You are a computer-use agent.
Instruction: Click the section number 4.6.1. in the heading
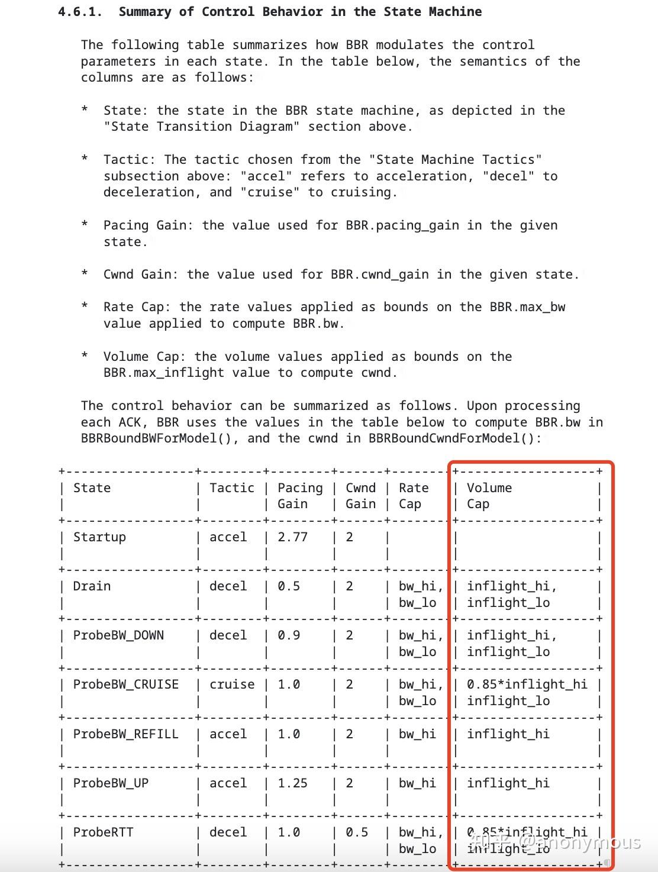[x=80, y=12]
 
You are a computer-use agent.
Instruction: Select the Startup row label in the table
[x=99, y=537]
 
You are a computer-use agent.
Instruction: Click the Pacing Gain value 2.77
[x=293, y=537]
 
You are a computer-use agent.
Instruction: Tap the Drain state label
[x=92, y=586]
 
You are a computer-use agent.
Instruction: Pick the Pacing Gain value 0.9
[x=289, y=635]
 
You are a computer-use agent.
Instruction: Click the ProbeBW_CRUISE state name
[x=125, y=684]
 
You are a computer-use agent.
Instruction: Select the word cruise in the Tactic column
[x=232, y=684]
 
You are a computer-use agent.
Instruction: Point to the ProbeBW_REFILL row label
[x=125, y=734]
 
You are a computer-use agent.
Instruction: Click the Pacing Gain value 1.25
[x=293, y=783]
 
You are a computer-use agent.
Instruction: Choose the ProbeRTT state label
[x=103, y=832]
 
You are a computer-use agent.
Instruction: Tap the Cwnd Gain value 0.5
[x=357, y=832]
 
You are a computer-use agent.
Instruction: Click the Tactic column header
[x=232, y=488]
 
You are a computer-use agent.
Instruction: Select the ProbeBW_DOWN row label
[x=118, y=635]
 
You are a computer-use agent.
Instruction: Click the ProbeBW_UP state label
[x=111, y=783]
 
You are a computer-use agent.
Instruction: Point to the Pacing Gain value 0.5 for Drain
[x=289, y=586]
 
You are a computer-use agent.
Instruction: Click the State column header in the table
[x=92, y=488]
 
